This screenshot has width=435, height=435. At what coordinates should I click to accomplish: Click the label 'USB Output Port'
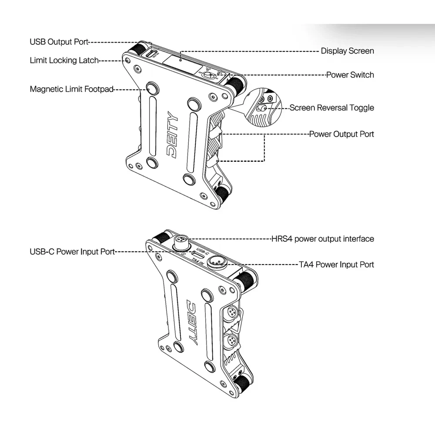click(59, 42)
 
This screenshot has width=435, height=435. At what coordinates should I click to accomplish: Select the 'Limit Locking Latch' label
click(64, 60)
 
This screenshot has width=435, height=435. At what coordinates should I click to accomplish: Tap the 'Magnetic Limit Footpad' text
click(71, 89)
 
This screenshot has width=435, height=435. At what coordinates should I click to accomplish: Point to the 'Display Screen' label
click(347, 51)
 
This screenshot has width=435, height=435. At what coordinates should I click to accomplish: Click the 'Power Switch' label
click(350, 75)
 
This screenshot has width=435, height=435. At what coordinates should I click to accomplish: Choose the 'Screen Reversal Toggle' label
click(331, 107)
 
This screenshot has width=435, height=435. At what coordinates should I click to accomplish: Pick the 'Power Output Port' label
click(341, 134)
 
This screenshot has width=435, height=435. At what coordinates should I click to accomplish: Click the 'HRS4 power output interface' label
click(322, 239)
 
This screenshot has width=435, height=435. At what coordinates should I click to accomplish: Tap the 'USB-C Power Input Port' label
click(72, 251)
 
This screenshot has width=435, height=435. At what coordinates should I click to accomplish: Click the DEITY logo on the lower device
click(192, 321)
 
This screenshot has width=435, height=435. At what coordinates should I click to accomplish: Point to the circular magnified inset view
click(264, 107)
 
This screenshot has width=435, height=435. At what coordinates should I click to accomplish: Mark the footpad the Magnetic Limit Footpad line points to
click(152, 88)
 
